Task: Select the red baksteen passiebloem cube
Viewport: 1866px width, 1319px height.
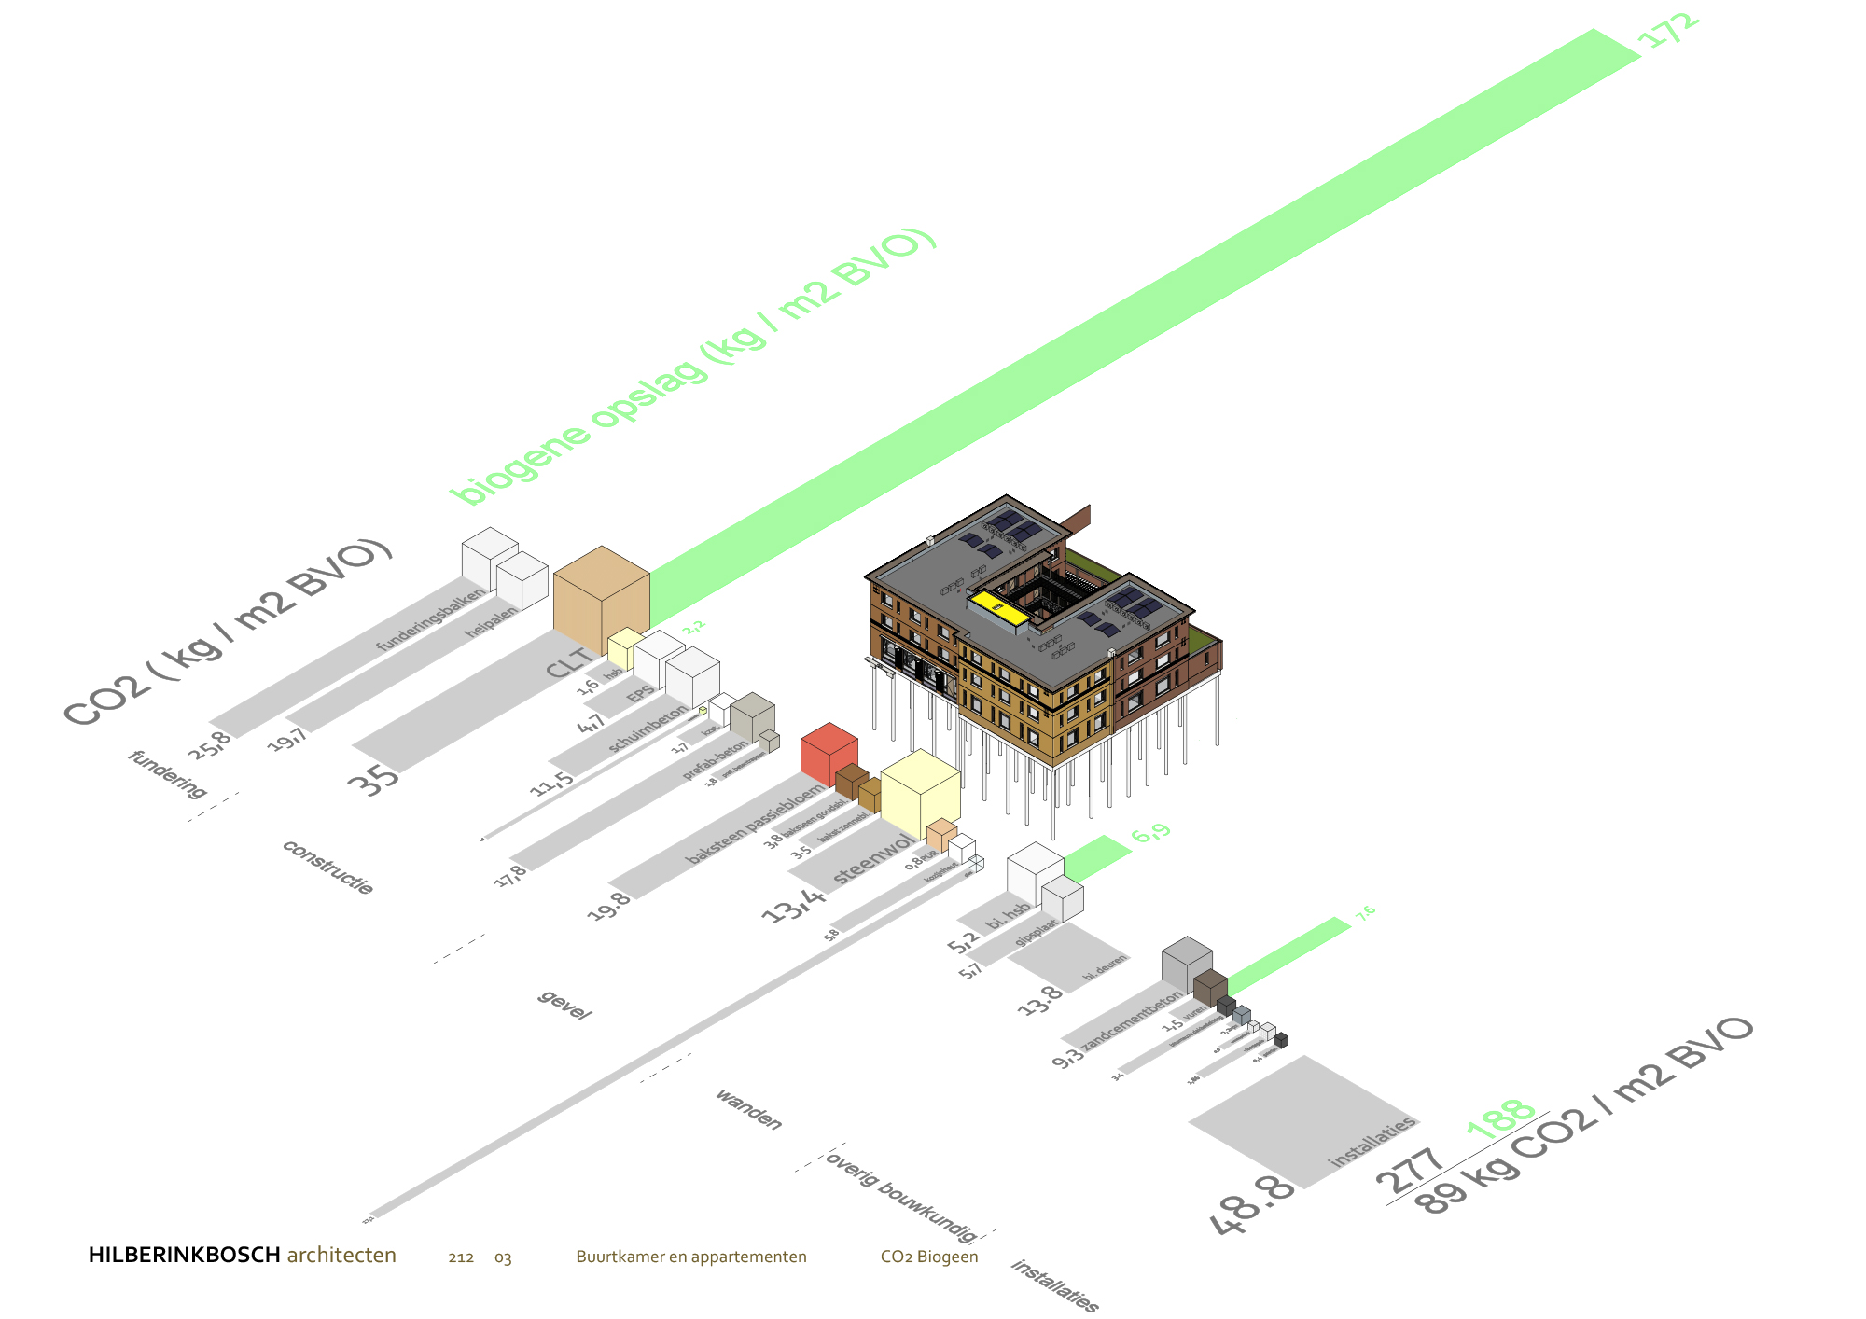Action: tap(829, 755)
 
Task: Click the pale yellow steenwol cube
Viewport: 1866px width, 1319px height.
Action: tap(920, 796)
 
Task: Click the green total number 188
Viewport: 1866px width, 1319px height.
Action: tap(1500, 1117)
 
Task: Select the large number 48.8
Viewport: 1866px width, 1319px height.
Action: tap(1253, 1204)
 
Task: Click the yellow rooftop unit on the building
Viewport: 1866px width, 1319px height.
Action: tap(997, 607)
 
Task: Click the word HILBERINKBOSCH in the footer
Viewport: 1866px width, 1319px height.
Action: tap(184, 1256)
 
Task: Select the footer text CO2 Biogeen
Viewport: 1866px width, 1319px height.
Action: tap(928, 1257)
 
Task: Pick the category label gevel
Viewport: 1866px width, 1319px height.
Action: tap(564, 1005)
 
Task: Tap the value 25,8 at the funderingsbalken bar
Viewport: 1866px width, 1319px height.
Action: tap(210, 745)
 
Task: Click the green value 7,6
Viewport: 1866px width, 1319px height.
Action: tap(1365, 913)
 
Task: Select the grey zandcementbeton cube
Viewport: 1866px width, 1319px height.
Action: tap(1186, 964)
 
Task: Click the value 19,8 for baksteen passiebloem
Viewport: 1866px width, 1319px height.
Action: tap(608, 906)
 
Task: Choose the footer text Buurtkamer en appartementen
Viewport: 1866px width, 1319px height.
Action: tap(690, 1257)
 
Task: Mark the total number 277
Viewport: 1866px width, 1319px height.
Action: tap(1410, 1170)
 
